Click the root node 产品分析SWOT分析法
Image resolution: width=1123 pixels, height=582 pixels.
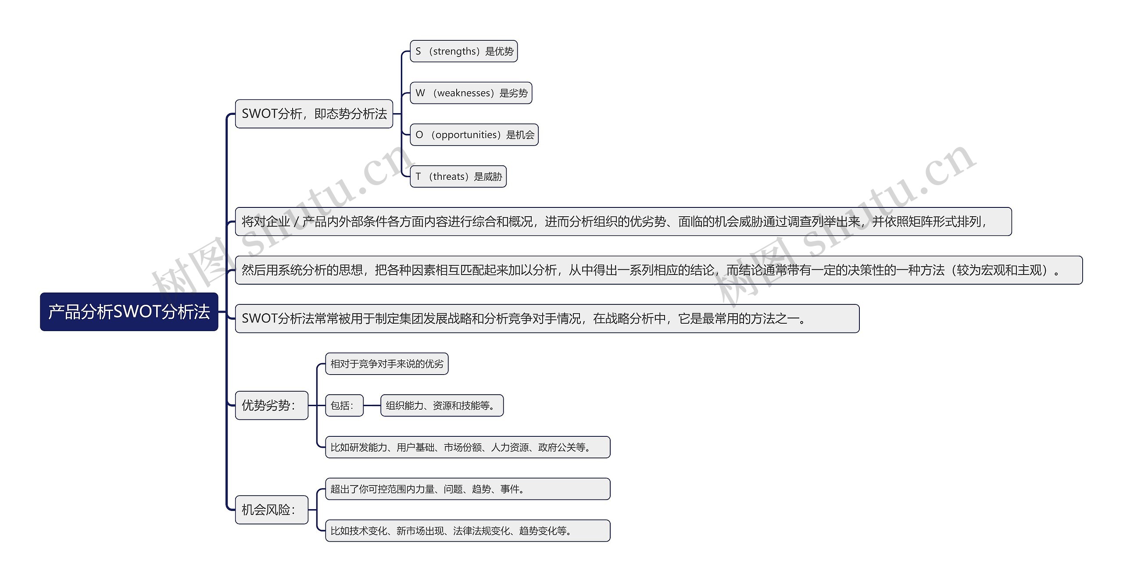129,312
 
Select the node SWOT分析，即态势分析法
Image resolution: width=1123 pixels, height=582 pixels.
314,114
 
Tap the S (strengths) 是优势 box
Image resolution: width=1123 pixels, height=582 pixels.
464,51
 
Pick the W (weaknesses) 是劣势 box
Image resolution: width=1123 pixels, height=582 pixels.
471,93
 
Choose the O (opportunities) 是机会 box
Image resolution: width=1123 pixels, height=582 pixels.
474,135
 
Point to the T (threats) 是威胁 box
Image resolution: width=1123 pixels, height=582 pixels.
458,177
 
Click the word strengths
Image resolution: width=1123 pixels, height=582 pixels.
454,51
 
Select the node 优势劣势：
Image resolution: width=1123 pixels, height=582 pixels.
272,405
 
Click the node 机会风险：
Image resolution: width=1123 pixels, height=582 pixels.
272,510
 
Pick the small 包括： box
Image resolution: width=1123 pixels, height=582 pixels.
344,406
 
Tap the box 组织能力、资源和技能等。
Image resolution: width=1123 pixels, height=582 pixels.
442,406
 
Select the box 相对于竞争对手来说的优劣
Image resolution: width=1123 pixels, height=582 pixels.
386,364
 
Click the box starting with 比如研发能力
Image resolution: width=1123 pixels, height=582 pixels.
468,447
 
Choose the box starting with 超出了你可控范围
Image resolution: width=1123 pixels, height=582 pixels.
468,489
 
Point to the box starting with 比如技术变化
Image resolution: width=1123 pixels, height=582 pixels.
468,531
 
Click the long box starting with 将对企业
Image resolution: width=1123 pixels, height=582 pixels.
623,222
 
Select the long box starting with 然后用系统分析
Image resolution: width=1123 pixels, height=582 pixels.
658,270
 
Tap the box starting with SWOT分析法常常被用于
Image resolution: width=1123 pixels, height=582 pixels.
547,318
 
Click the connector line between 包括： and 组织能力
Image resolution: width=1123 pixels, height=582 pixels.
372,406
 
